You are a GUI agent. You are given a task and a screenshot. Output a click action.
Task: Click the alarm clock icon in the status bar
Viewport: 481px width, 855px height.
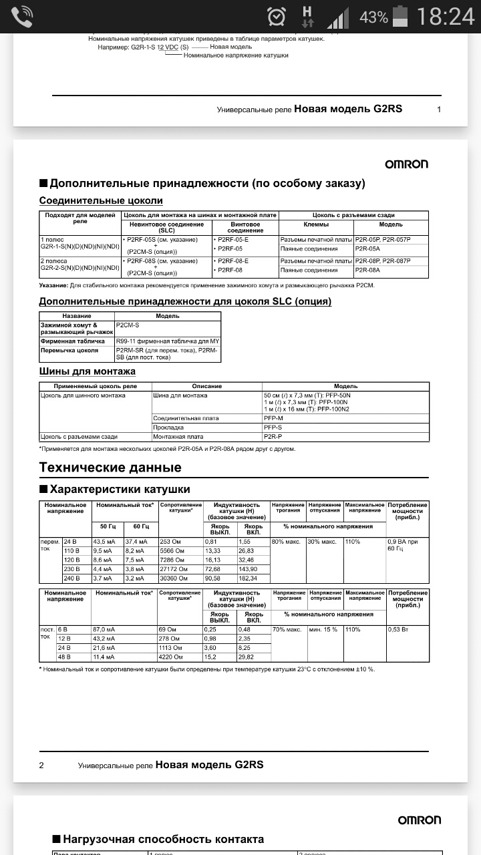coord(276,16)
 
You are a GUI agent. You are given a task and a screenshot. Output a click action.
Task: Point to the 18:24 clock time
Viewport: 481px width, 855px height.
coord(445,16)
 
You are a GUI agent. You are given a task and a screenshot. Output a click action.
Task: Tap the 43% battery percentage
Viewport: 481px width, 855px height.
coord(373,17)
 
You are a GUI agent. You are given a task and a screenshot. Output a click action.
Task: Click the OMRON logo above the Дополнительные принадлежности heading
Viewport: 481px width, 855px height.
coord(406,164)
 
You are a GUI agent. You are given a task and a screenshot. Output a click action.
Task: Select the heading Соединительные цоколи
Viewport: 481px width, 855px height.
coord(101,200)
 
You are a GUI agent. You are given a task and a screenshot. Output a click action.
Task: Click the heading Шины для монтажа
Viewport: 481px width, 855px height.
coord(88,371)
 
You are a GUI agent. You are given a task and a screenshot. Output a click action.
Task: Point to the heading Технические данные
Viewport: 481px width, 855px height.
coord(110,468)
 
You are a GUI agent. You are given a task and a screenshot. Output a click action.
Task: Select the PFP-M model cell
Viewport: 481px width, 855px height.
coord(273,418)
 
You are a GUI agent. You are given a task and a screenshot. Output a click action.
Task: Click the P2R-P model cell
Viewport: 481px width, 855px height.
coord(273,436)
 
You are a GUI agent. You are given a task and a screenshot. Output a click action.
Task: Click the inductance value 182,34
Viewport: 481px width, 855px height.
coord(249,578)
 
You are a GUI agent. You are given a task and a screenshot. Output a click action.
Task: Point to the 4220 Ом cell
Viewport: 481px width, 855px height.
coord(170,657)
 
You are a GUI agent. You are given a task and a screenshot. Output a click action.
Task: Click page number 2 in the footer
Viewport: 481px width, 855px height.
coord(41,765)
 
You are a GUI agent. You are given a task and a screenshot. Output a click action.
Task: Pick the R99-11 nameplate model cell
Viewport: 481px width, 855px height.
coord(167,341)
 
